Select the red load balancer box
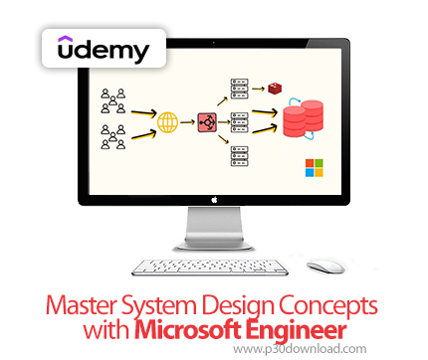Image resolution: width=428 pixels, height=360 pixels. click(208, 123)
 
